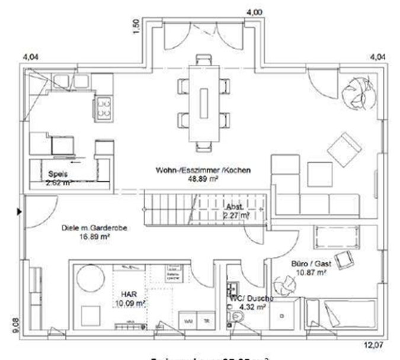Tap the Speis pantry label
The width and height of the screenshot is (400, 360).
click(58, 174)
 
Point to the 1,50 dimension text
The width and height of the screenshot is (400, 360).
click(136, 26)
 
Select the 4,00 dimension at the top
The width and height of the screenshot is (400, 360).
click(254, 12)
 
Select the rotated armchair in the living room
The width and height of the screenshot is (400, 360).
click(345, 149)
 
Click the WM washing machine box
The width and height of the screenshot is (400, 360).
click(188, 320)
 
